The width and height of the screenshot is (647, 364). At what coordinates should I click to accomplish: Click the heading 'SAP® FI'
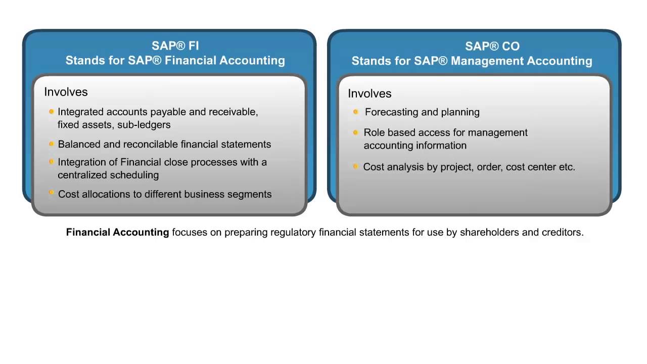(175, 46)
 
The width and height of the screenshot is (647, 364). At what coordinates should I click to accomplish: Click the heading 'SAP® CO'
(492, 47)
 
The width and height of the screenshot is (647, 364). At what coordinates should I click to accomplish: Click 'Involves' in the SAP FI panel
(66, 92)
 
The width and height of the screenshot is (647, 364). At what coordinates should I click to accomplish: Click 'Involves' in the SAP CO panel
(369, 94)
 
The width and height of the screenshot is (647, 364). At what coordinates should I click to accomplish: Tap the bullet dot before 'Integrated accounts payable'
(52, 112)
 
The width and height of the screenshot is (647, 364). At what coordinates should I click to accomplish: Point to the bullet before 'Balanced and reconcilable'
(52, 144)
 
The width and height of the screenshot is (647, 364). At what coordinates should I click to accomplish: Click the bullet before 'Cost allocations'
(52, 193)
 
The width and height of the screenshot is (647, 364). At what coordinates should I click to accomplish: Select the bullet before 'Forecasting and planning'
(355, 112)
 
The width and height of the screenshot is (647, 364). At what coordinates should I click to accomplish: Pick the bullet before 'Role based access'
(355, 132)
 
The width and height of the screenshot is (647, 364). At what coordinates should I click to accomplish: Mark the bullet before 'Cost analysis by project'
(355, 166)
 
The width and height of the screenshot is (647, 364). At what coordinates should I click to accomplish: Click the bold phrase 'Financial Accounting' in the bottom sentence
(117, 233)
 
